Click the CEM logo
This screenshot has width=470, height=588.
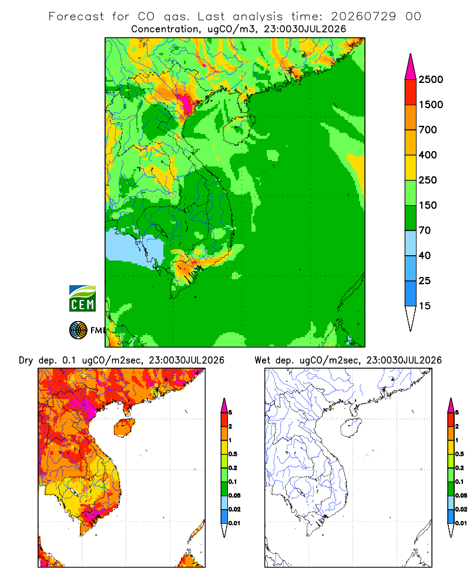(x=82, y=299)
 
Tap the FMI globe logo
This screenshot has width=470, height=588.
(x=78, y=330)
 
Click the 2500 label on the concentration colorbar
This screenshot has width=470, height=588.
(x=431, y=79)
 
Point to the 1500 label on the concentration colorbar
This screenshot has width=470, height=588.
(x=431, y=105)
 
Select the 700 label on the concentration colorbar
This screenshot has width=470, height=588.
(x=428, y=130)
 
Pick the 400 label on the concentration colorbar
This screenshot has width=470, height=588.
(x=428, y=155)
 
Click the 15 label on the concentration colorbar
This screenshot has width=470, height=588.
(x=425, y=306)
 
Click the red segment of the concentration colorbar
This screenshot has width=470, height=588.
(x=411, y=92)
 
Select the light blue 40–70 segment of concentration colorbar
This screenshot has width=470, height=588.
(x=411, y=243)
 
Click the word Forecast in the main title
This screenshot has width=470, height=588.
(x=76, y=16)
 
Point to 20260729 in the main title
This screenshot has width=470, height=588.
(x=363, y=16)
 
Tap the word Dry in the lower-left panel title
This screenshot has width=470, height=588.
(x=26, y=360)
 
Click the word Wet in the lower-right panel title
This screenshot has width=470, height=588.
(x=263, y=360)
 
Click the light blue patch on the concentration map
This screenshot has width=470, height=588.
(x=135, y=248)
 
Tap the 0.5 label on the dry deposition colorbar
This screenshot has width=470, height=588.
(x=233, y=454)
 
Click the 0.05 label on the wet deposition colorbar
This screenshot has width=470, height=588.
(x=461, y=495)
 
